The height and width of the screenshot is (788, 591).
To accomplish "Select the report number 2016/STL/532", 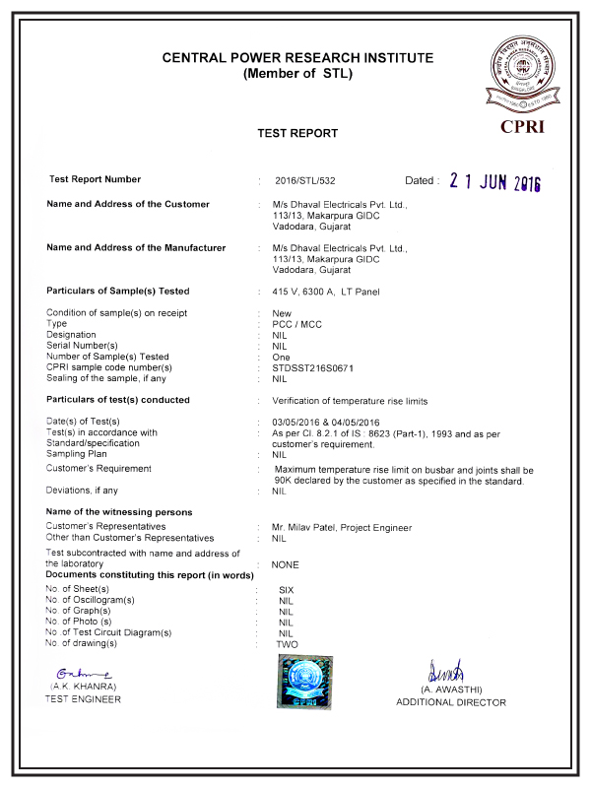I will tap(305, 181).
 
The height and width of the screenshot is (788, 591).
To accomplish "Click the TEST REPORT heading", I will tap(297, 133).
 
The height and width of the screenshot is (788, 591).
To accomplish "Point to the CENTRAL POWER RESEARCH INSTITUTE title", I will tap(297, 58).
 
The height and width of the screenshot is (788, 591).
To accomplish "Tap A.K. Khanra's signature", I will tap(77, 672).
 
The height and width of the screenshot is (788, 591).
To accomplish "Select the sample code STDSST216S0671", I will tap(312, 367).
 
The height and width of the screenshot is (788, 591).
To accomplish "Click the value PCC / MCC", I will tap(296, 324).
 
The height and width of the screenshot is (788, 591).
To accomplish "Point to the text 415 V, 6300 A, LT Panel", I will tap(325, 292).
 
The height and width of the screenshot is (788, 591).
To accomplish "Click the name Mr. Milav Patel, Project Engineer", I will tap(342, 528).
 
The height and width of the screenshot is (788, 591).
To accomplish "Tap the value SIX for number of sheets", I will tap(287, 589).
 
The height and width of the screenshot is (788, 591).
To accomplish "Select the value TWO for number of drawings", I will tap(287, 643).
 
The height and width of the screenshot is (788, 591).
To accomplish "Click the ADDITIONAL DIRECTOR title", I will tap(451, 702).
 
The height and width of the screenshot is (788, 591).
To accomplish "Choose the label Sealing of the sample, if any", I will tap(106, 378).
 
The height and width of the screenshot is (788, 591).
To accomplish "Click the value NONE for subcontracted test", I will tap(285, 565).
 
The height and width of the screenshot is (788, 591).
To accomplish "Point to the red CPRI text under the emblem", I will tap(522, 126).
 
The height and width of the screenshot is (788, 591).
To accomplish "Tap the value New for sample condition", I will tap(282, 313).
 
